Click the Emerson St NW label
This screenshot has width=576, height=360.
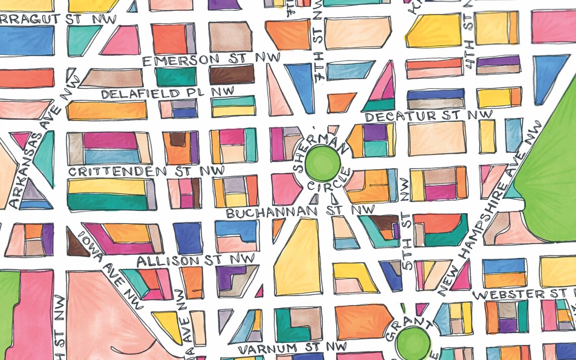[x=211, y=59]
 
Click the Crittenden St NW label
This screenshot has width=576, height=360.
[x=146, y=171]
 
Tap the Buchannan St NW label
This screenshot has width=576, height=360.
[x=300, y=211]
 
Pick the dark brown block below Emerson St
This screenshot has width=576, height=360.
[x=231, y=74]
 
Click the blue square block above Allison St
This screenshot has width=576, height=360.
[x=187, y=237]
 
